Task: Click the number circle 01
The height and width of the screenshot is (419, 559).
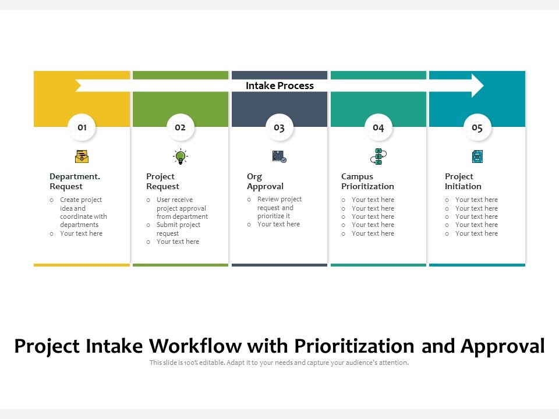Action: point(82,127)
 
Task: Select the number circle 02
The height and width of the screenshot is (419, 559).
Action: point(181,127)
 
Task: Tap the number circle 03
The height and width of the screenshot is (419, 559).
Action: point(279,127)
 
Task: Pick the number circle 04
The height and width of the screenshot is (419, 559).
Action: point(378,127)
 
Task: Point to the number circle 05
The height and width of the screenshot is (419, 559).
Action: point(477,127)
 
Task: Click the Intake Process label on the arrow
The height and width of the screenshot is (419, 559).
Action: point(279,86)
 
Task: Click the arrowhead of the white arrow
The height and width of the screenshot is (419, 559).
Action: point(477,86)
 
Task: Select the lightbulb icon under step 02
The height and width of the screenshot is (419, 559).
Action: point(181,156)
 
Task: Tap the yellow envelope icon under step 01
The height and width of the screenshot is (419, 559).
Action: point(82,156)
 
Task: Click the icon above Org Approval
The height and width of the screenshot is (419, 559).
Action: point(279,156)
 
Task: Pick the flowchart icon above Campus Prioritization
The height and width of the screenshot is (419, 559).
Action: point(378,156)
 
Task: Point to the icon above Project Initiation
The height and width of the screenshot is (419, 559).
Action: point(477,156)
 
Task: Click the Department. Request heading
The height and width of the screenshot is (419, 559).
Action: point(75,182)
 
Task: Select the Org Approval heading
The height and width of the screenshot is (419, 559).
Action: point(265,182)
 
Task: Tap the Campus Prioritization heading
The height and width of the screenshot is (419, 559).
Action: point(367,182)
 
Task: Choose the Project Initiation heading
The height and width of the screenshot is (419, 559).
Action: point(463,182)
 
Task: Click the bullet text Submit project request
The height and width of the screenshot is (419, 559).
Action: point(178,229)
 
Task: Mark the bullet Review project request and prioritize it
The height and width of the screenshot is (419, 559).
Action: point(279,207)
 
